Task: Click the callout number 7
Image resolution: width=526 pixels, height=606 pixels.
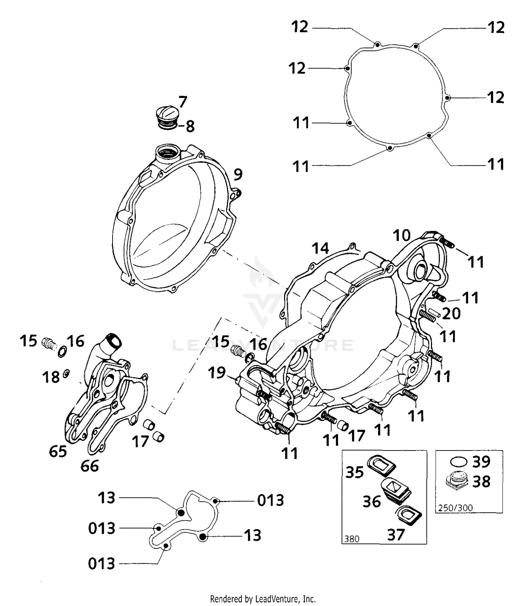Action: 183,102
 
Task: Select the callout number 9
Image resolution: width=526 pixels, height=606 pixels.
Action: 238,174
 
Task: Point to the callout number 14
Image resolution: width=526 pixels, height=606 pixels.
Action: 320,248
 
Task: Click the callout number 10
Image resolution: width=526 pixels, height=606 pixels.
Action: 401,235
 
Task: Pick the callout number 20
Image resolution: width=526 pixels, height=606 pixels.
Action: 451,314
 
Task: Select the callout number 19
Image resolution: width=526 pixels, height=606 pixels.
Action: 217,373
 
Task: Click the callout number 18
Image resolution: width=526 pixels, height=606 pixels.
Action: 51,378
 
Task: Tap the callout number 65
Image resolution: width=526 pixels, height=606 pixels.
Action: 58,451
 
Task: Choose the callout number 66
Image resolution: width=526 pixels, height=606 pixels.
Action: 89,466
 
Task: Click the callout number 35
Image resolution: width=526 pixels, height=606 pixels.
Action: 354,472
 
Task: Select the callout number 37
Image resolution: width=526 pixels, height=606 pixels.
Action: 396,535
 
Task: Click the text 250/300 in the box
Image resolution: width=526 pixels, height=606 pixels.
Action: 455,508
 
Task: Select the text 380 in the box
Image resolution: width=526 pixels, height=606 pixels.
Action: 352,539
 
